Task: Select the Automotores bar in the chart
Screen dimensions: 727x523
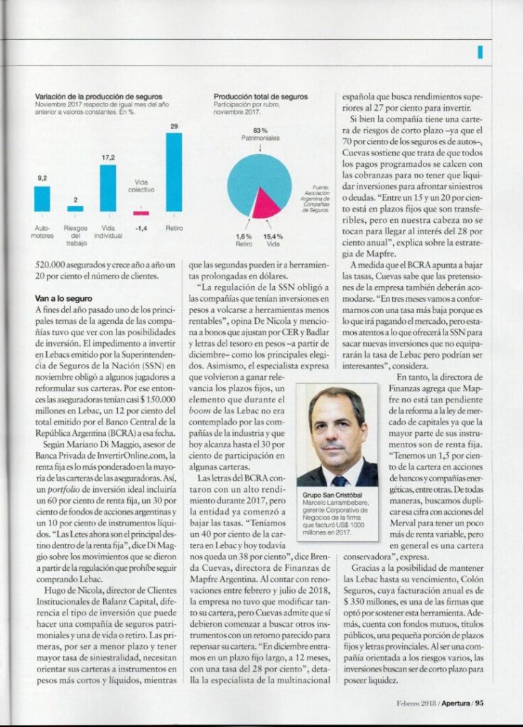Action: pyautogui.click(x=42, y=199)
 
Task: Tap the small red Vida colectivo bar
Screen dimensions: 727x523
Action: pyautogui.click(x=141, y=213)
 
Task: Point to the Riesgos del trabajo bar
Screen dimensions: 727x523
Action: pyautogui.click(x=75, y=209)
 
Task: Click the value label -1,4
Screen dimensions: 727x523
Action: pyautogui.click(x=141, y=229)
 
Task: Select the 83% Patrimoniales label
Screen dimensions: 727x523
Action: pyautogui.click(x=259, y=133)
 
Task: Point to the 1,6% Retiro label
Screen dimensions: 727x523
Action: pyautogui.click(x=243, y=239)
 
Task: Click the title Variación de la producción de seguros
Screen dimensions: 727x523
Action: pyautogui.click(x=99, y=96)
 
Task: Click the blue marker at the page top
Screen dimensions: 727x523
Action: pyautogui.click(x=480, y=52)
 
